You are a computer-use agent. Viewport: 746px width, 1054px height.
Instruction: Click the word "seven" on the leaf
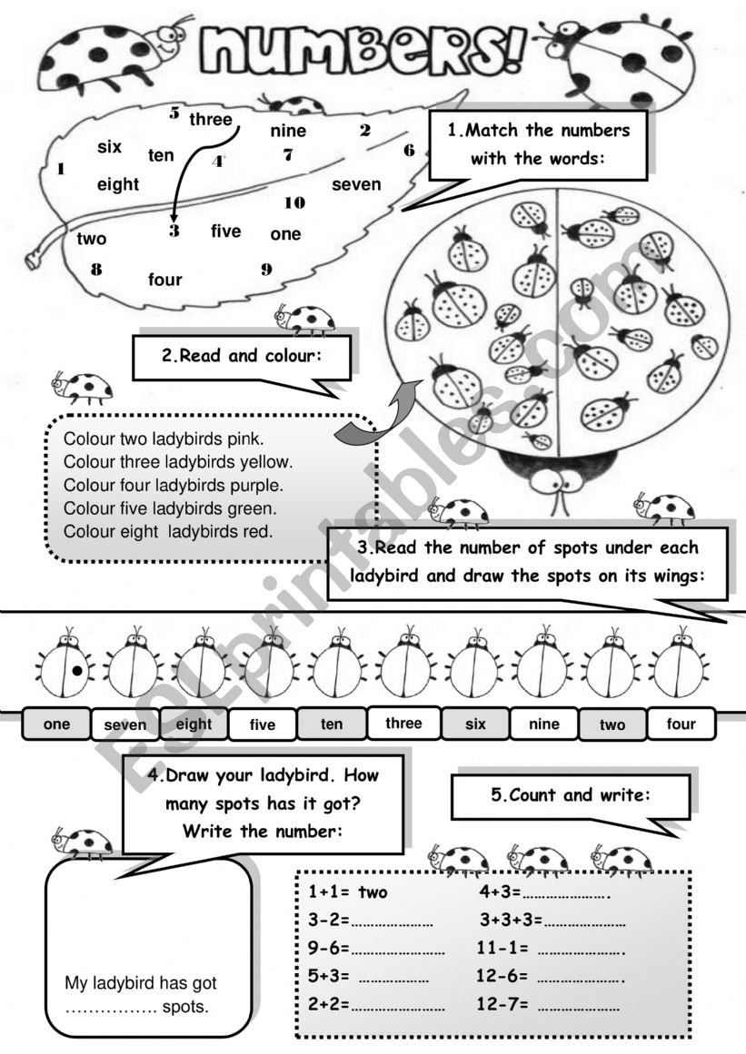[356, 185]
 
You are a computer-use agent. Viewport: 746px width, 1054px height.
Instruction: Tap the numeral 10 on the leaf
[294, 202]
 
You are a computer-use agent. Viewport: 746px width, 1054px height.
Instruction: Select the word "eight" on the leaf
[118, 185]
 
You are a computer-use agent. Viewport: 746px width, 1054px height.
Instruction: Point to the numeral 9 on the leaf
[266, 269]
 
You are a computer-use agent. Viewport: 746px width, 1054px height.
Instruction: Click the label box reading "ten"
[332, 724]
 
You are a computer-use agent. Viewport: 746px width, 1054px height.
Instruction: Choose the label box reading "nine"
[543, 724]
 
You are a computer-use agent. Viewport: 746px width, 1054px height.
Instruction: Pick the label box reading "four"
[681, 724]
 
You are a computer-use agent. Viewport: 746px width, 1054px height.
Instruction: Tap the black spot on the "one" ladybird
[78, 672]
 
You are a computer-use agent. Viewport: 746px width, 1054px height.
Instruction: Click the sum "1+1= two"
[348, 892]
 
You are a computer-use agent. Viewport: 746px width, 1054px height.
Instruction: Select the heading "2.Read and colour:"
[242, 357]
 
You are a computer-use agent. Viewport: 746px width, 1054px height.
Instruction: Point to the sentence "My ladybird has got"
[141, 983]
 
